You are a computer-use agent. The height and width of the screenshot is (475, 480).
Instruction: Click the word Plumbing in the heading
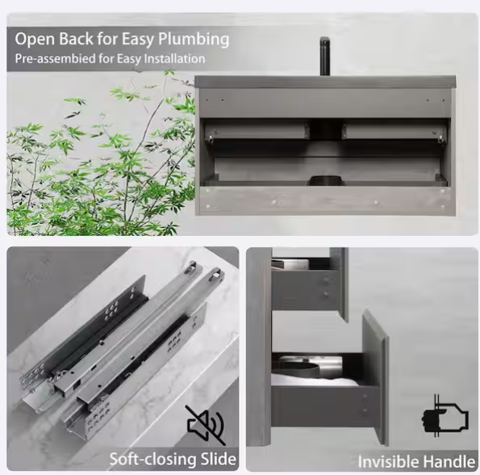(194, 40)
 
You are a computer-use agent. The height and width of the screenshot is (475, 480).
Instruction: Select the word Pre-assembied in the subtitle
(55, 58)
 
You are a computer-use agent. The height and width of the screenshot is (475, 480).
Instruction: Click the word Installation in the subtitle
(174, 58)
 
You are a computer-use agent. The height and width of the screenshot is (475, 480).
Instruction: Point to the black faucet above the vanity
(324, 56)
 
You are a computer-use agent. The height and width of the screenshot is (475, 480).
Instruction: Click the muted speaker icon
(206, 426)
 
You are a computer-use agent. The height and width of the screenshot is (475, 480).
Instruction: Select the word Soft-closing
(153, 459)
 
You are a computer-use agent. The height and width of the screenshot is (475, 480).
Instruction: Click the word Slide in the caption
(219, 459)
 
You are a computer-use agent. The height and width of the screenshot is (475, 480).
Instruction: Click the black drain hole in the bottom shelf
(324, 180)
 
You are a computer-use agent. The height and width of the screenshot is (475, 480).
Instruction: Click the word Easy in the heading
(138, 40)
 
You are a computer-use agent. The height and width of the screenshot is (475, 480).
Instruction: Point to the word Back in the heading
(75, 39)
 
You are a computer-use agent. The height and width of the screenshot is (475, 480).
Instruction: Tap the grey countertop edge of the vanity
(325, 82)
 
